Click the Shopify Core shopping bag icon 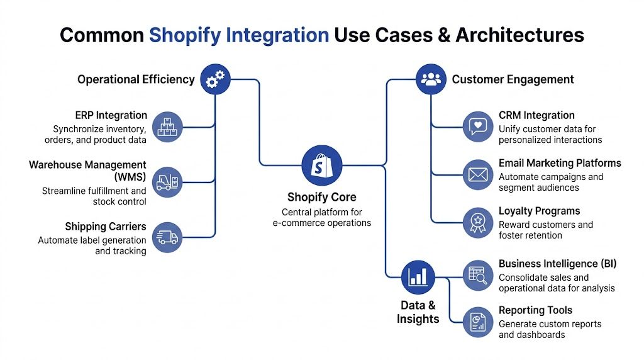[x=322, y=166]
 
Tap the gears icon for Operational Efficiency [x=216, y=79]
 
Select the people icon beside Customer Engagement [x=431, y=79]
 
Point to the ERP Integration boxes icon [x=167, y=127]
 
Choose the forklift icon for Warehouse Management [x=167, y=182]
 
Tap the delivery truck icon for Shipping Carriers [x=167, y=237]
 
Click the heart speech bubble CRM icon [x=478, y=127]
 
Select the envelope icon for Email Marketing [x=478, y=174]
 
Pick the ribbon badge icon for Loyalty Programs [x=478, y=222]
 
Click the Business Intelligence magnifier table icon [x=478, y=275]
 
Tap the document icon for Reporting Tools [x=478, y=322]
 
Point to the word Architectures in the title [x=519, y=35]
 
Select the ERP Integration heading [x=111, y=116]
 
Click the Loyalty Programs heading [x=539, y=211]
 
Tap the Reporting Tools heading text [x=535, y=310]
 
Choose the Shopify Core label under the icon [x=321, y=198]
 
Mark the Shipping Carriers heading [x=106, y=227]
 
